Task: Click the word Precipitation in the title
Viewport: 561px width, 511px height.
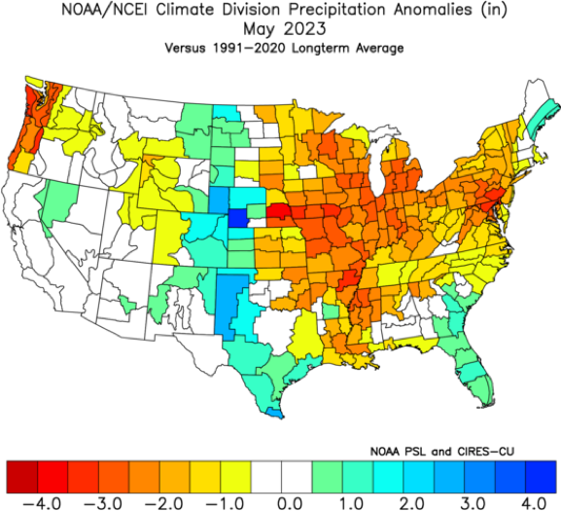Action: coord(337,10)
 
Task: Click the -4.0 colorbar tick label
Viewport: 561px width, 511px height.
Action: coord(42,502)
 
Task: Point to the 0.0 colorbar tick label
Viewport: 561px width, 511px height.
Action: coord(290,502)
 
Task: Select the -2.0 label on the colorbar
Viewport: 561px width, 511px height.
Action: coord(164,502)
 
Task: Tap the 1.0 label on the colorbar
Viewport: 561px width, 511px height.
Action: coord(351,502)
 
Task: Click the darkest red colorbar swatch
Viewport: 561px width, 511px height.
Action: coord(21,477)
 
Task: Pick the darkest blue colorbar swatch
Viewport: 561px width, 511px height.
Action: coord(541,477)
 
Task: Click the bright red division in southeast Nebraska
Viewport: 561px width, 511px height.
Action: coord(280,211)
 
